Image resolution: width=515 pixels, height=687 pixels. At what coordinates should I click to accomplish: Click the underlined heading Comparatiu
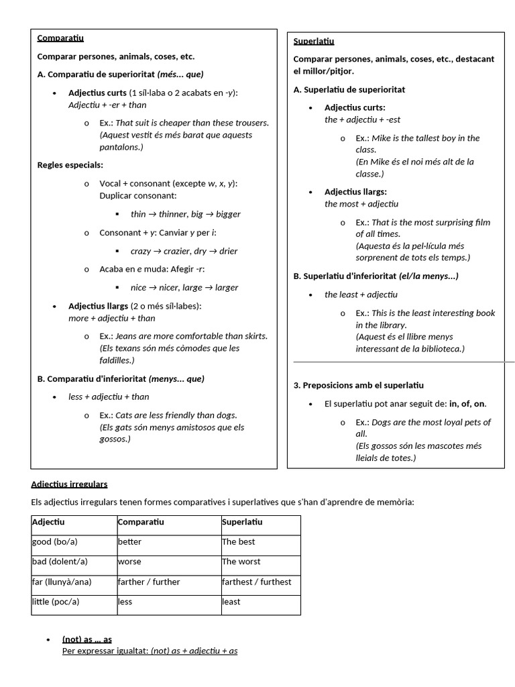[60, 38]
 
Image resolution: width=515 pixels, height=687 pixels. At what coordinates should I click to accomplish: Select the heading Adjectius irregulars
[69, 484]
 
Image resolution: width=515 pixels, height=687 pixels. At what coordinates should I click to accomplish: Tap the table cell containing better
[129, 542]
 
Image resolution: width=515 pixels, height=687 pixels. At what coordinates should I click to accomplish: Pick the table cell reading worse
[129, 562]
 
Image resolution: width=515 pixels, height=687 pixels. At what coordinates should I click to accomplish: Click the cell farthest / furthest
[256, 582]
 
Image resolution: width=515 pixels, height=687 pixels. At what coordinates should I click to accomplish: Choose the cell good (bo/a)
[54, 542]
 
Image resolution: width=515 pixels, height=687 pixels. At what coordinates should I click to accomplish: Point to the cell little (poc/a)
[56, 602]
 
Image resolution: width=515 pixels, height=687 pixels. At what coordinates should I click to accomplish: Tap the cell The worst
[241, 562]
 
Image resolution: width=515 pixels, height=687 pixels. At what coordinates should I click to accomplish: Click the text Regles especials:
[70, 165]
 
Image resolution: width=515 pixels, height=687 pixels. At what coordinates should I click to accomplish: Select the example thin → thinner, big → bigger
[185, 215]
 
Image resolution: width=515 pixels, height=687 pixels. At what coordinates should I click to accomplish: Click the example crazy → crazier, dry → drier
[184, 251]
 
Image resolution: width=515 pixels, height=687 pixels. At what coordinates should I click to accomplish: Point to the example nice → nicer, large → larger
[184, 288]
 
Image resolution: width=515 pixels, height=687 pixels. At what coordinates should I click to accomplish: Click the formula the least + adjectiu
[361, 295]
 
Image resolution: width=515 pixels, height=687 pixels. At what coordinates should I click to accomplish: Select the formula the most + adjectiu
[361, 204]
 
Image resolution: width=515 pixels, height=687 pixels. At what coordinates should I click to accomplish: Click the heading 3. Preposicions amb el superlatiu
[359, 386]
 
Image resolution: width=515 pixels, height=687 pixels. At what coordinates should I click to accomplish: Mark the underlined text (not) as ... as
[87, 639]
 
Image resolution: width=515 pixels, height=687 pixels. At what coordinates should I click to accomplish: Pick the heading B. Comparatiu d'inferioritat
[121, 379]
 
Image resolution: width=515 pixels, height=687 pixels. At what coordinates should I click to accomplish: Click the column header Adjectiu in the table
[48, 522]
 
